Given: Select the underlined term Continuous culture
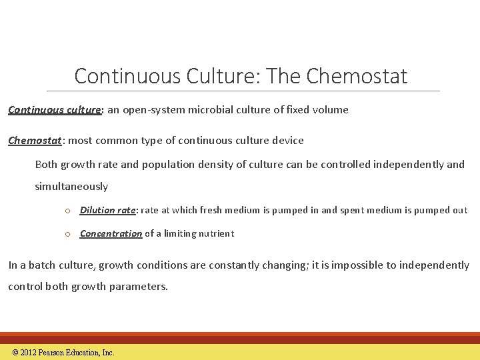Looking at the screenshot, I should (x=54, y=110).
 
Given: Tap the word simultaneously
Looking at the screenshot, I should (x=71, y=187).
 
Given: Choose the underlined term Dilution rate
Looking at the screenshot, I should (x=108, y=211).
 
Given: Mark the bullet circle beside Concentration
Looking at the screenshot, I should (x=68, y=234).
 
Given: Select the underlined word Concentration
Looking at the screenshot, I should (x=111, y=233).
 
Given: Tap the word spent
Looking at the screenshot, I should (x=355, y=211).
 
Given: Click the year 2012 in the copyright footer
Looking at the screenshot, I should (x=28, y=353).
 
